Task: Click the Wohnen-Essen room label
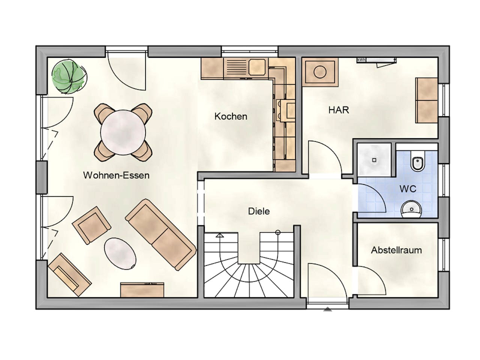tap(116, 175)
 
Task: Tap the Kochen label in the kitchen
tap(231, 116)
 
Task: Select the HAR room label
tap(339, 110)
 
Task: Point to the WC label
tap(408, 189)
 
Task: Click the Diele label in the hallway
tap(259, 211)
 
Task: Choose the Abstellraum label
tap(396, 250)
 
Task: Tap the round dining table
tap(123, 132)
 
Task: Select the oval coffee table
tap(120, 253)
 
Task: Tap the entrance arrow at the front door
tap(328, 309)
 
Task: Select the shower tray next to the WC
tap(374, 160)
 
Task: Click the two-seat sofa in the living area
tap(160, 234)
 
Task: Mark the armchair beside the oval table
tap(91, 225)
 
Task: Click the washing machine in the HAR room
tap(320, 72)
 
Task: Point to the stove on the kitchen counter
tap(286, 111)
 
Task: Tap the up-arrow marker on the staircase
tap(220, 236)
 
